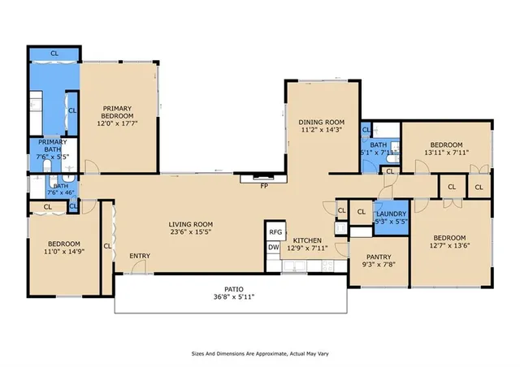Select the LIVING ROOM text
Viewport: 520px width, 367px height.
coord(190,224)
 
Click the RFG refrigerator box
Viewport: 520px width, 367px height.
coord(275,232)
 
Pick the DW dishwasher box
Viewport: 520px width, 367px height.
coord(274,248)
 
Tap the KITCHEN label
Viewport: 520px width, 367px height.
coord(308,240)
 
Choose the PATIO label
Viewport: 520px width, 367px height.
coord(234,288)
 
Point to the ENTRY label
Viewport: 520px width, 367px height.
coord(140,257)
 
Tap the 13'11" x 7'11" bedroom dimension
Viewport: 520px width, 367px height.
coord(446,152)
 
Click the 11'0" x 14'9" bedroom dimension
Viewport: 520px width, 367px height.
coord(63,253)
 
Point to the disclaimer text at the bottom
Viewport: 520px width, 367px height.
coord(260,354)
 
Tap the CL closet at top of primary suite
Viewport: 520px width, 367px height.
coord(54,53)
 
